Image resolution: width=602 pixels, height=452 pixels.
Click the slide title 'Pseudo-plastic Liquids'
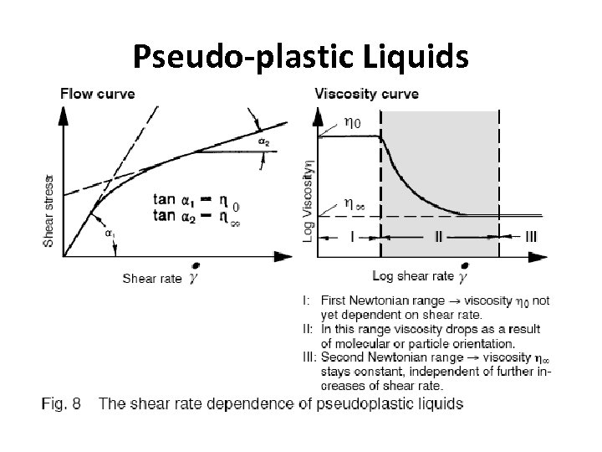point(301,56)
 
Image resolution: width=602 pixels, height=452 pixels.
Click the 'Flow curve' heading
point(97,92)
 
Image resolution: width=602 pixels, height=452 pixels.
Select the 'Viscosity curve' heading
point(366,92)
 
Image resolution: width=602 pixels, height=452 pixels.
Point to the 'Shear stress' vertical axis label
point(48,210)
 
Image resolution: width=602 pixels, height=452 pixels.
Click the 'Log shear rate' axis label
point(413,276)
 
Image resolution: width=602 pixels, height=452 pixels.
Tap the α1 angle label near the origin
point(110,233)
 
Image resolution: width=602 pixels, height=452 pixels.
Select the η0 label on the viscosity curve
point(354,122)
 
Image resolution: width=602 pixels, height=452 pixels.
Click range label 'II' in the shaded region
point(439,237)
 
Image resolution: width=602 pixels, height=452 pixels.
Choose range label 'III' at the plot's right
point(532,237)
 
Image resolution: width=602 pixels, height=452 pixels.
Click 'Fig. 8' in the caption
point(61,403)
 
